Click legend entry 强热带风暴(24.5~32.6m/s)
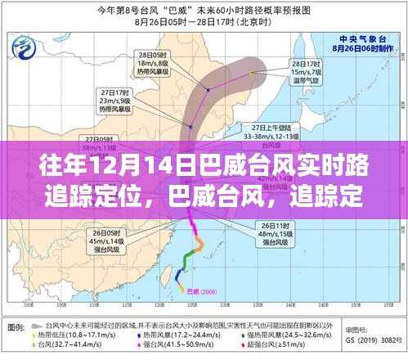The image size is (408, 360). coord(286,334)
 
